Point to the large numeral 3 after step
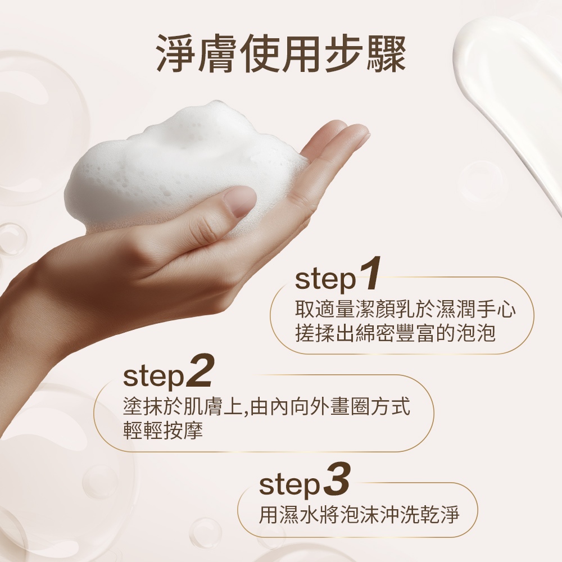[336, 478]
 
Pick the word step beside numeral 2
[153, 377]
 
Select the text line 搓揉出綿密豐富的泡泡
[395, 333]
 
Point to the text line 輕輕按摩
[163, 430]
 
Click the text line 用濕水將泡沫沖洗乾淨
[359, 515]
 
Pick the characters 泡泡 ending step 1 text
[477, 333]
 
